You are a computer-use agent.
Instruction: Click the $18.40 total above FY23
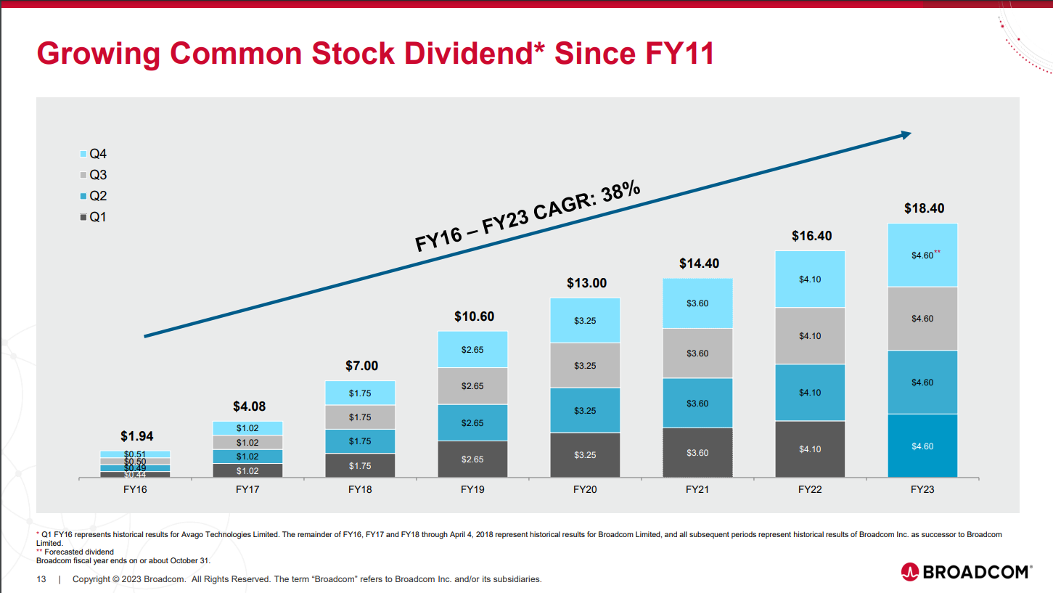coord(924,208)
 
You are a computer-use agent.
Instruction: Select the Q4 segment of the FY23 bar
coord(922,255)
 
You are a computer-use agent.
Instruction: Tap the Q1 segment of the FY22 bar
coord(810,449)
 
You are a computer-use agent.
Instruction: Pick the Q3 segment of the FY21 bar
coord(697,353)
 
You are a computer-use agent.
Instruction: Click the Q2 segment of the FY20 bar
coord(585,411)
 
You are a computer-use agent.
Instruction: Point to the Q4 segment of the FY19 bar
coord(472,350)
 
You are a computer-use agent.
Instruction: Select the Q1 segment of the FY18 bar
coord(360,465)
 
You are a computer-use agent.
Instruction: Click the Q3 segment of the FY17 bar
coord(247,443)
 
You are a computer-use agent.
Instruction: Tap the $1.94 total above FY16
coord(136,436)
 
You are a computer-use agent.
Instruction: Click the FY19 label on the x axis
coord(472,490)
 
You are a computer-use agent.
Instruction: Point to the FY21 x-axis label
coord(697,490)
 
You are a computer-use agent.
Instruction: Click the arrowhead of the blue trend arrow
coord(905,134)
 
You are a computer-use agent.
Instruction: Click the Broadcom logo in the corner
coord(965,572)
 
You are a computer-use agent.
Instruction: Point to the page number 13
coord(41,579)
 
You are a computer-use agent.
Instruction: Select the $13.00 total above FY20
coord(586,283)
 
